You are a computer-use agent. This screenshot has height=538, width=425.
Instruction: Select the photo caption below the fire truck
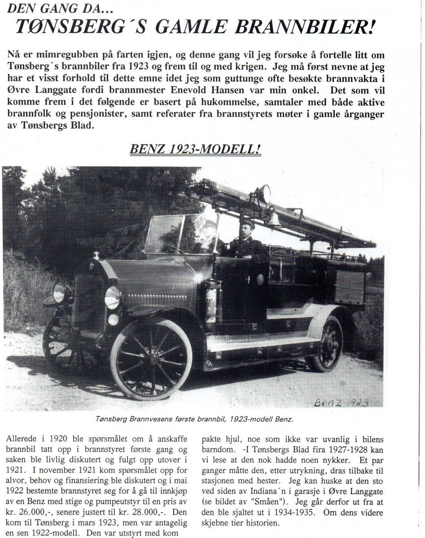[194, 420]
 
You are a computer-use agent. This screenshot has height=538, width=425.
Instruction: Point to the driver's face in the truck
[247, 232]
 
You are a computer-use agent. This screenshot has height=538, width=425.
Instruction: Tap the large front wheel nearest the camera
[151, 359]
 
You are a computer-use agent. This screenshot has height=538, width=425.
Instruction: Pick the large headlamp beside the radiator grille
[113, 298]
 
